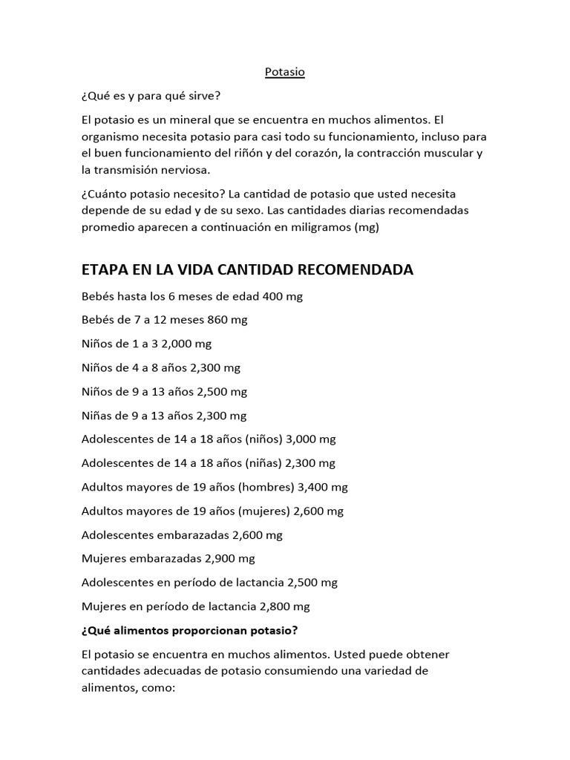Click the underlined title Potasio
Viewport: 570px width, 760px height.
coord(285,72)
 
